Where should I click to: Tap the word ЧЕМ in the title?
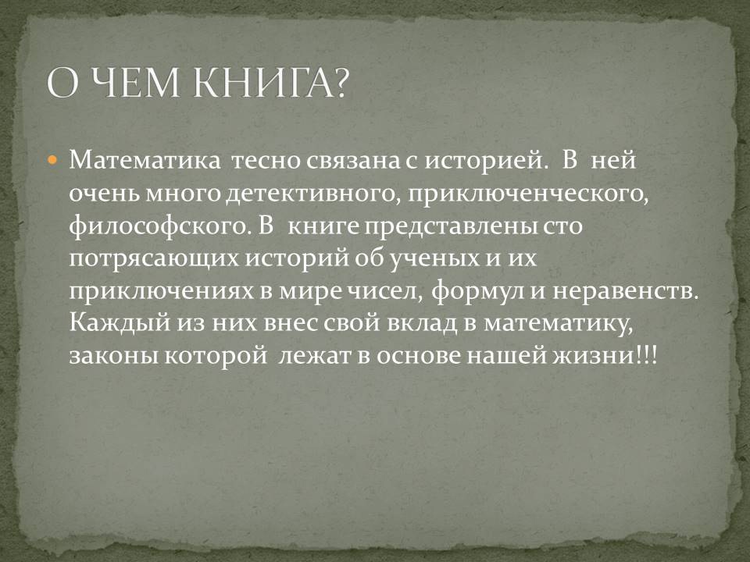coord(134,84)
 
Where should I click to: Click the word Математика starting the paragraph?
coord(145,161)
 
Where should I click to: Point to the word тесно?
coord(266,162)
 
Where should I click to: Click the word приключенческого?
coord(528,195)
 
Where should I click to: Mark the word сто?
coord(562,227)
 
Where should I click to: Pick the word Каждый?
coord(120,323)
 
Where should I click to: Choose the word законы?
coord(114,357)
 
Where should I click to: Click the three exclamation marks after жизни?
coord(648,356)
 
